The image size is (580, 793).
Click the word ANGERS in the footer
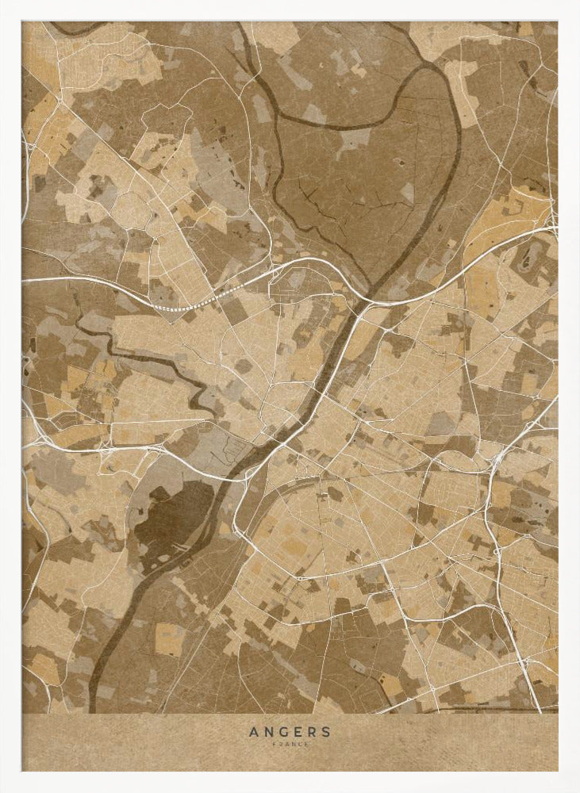click(x=290, y=732)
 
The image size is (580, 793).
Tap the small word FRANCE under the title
click(x=290, y=744)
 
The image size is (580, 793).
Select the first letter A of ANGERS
click(x=253, y=732)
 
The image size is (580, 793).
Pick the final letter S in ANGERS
click(x=326, y=732)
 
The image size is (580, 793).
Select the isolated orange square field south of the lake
click(x=170, y=639)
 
